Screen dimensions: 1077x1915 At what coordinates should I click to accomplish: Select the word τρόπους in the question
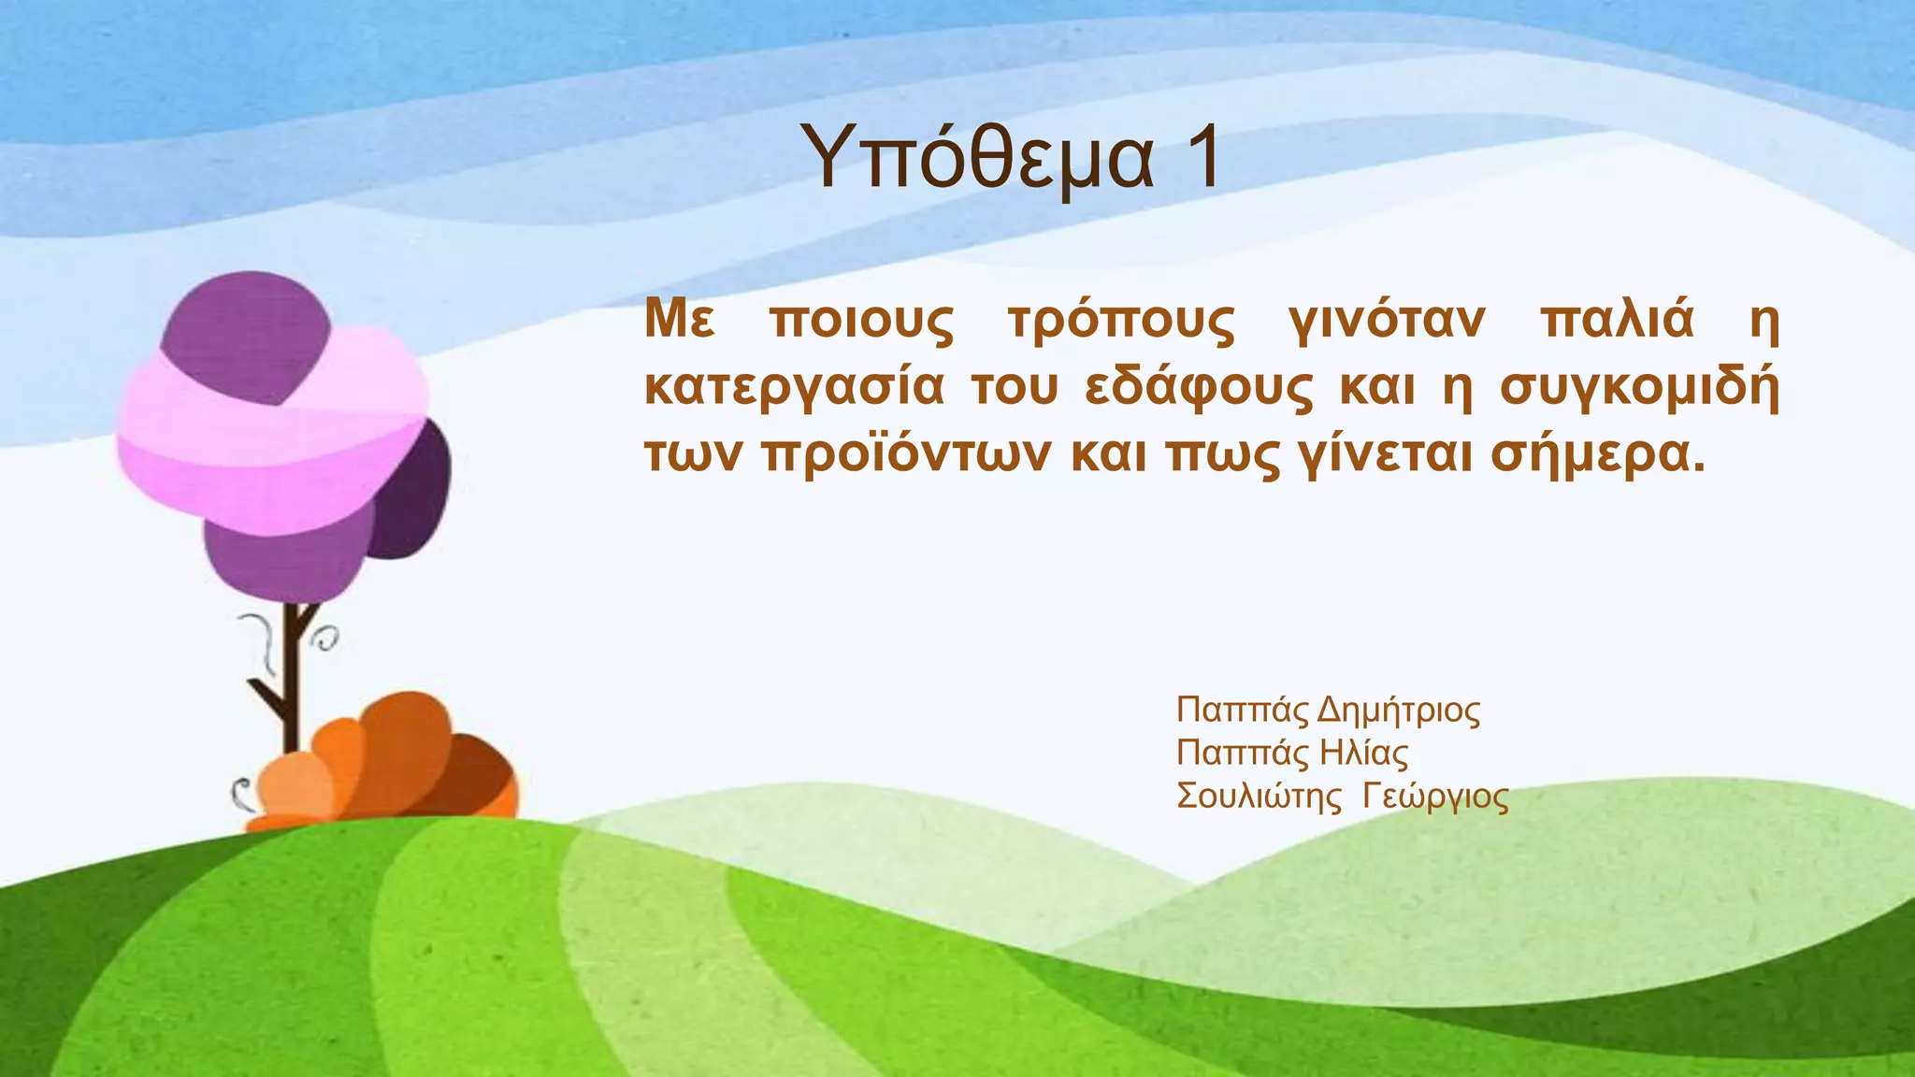click(x=1121, y=323)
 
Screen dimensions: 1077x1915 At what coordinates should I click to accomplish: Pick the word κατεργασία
click(x=794, y=390)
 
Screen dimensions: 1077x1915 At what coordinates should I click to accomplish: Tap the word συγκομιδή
click(x=1639, y=390)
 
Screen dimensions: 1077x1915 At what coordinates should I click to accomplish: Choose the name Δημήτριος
click(x=1398, y=711)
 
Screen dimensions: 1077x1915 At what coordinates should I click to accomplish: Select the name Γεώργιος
click(x=1435, y=797)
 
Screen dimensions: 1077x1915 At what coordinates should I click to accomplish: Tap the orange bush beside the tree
click(x=393, y=763)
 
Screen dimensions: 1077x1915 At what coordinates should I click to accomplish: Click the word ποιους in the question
click(x=861, y=323)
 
